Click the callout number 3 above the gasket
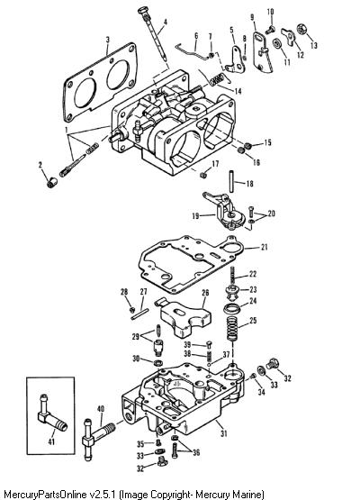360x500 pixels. (x=108, y=40)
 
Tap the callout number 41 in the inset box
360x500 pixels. (x=51, y=441)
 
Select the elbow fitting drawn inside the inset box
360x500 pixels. (x=52, y=412)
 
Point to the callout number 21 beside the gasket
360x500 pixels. (x=264, y=247)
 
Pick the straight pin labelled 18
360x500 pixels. (x=232, y=182)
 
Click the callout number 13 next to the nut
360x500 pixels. (x=314, y=45)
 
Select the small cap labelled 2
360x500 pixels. (x=52, y=183)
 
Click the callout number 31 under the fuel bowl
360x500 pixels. (x=224, y=433)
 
